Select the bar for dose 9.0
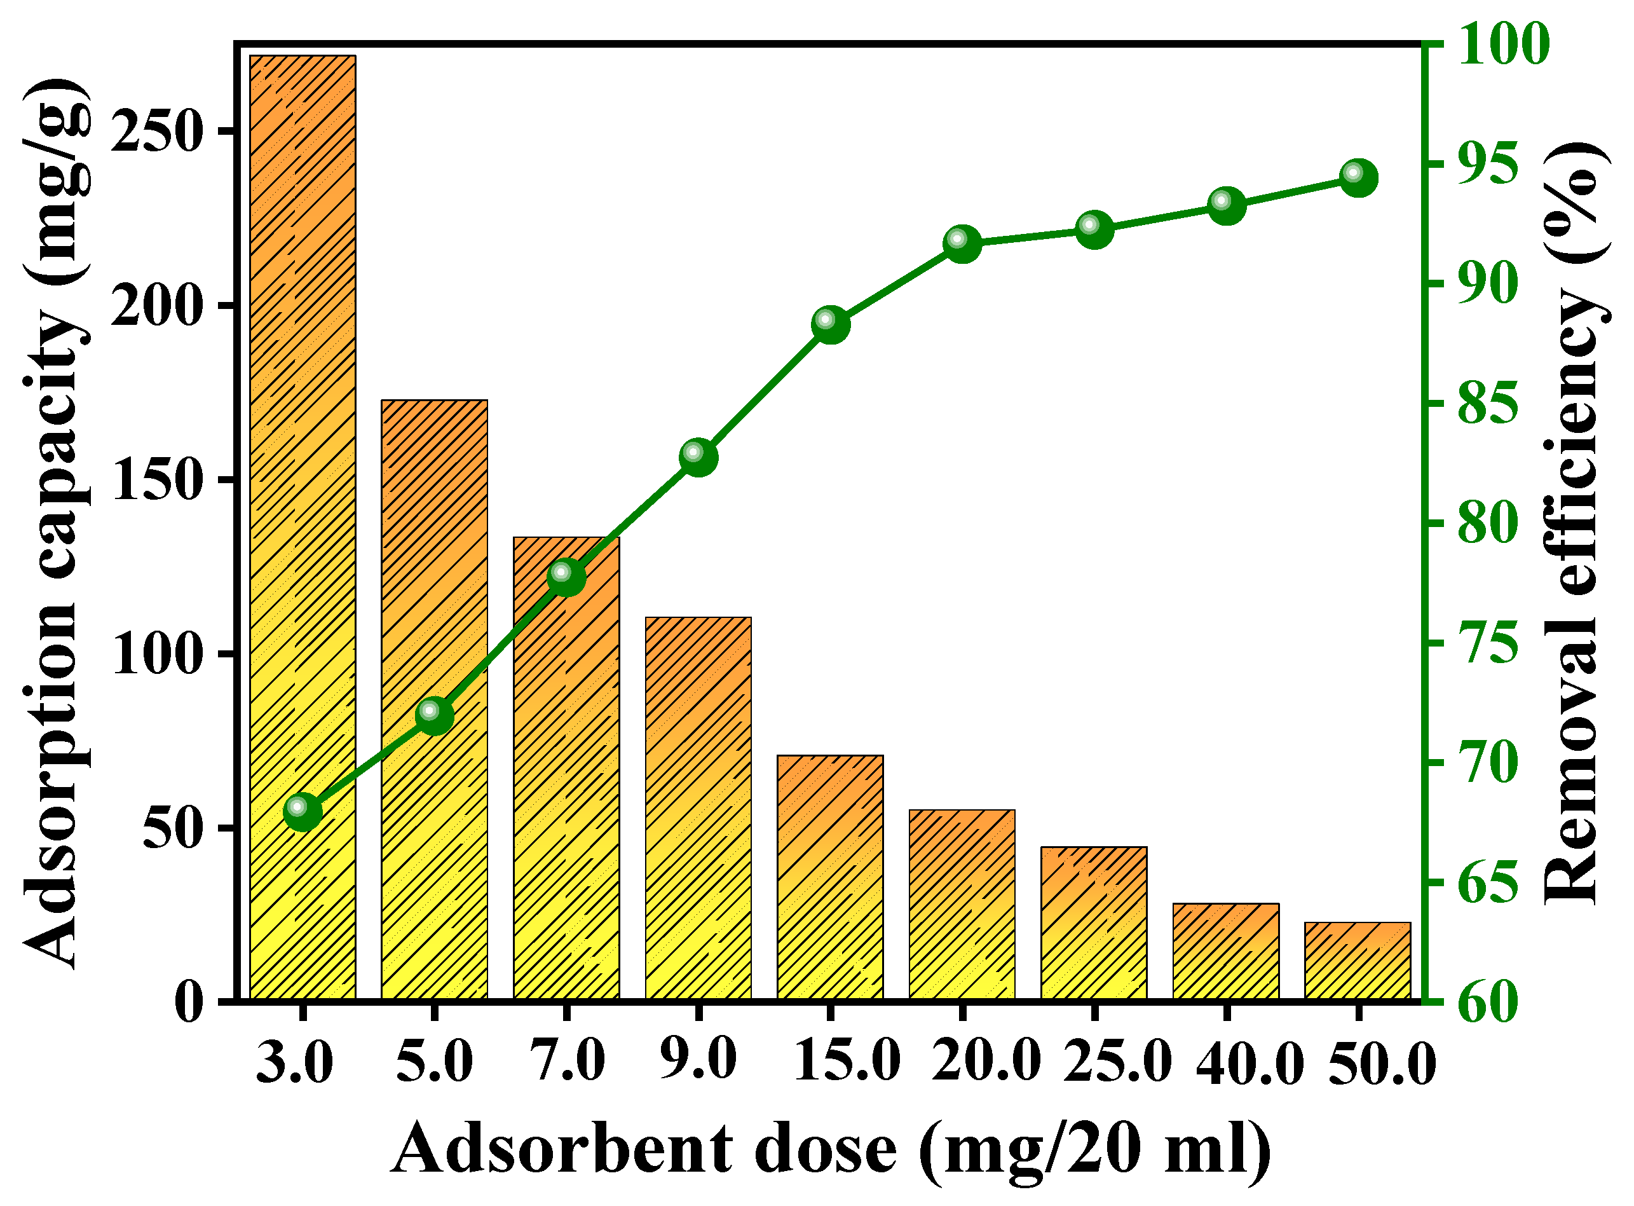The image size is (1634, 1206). coord(698,811)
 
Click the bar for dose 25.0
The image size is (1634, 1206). coord(1093,924)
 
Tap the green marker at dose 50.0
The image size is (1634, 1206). coord(1358,177)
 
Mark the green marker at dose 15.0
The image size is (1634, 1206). coord(831,324)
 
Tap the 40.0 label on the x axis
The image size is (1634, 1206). coord(1249,1064)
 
